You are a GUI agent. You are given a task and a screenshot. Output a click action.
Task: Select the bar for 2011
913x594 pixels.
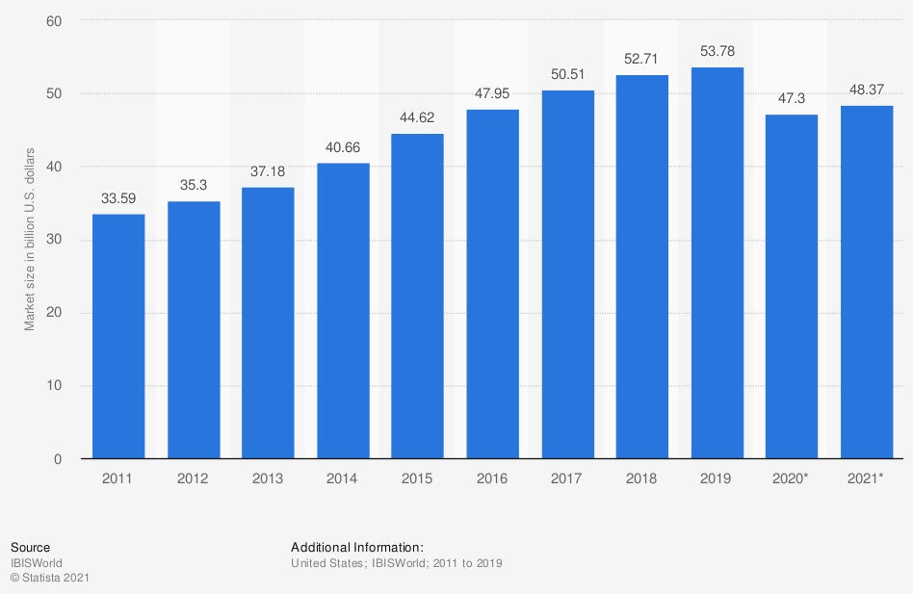point(118,336)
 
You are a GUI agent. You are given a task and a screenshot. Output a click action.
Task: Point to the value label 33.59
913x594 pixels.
point(118,197)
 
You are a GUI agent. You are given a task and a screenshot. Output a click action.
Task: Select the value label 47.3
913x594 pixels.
point(792,97)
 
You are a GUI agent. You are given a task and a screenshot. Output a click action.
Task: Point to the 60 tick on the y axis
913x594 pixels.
point(54,21)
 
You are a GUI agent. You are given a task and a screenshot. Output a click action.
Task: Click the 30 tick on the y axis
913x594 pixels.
point(54,240)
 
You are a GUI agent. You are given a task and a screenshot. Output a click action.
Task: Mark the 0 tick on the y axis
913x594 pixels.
point(58,459)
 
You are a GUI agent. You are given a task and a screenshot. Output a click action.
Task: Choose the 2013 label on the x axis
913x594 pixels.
point(268,478)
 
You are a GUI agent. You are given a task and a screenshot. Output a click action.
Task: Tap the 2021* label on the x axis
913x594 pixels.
point(867,478)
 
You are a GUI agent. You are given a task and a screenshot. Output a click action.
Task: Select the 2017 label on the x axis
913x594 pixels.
point(567,478)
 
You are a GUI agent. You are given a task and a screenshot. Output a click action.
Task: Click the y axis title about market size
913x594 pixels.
point(30,240)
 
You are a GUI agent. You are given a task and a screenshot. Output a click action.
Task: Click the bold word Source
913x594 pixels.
point(30,547)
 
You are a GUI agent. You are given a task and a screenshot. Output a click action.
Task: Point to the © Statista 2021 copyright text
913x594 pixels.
point(50,578)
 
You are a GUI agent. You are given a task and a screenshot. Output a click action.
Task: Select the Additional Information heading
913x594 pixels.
point(357,547)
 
